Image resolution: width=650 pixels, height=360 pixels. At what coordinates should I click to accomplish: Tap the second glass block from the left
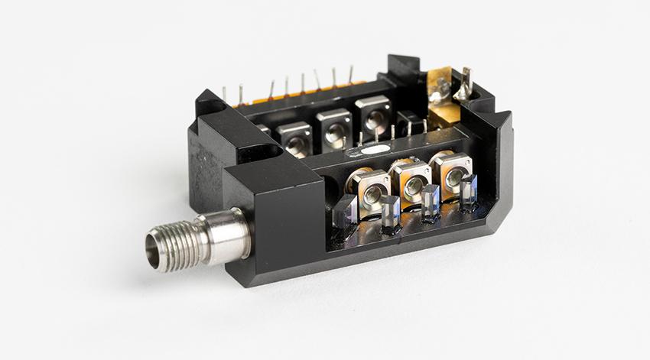click(390, 212)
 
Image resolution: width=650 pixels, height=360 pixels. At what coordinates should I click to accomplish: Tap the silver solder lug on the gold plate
click(438, 94)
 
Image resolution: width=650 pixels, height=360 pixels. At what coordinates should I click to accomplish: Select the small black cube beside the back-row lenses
click(410, 122)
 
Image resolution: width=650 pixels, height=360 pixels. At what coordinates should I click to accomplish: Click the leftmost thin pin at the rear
click(224, 94)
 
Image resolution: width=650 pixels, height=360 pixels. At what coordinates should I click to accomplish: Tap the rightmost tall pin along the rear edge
click(351, 75)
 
